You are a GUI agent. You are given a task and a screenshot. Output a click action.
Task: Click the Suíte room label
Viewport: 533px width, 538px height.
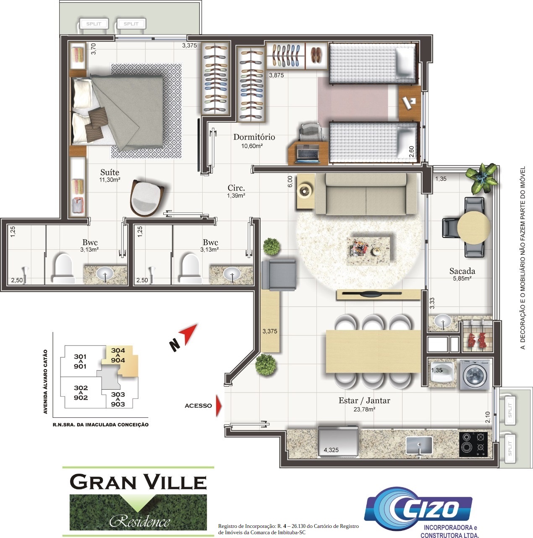(x=110, y=172)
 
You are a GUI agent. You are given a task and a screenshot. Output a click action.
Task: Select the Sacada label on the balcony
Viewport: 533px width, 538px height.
(x=462, y=271)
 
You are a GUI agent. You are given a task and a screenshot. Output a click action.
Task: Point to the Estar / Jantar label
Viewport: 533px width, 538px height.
(x=364, y=401)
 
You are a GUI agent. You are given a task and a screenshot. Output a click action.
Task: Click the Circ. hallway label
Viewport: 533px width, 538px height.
(x=236, y=188)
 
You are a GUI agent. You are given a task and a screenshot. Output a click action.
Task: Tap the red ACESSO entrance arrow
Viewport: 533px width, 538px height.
(x=219, y=406)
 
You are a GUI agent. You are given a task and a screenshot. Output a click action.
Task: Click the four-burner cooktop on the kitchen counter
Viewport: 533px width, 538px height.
(x=473, y=444)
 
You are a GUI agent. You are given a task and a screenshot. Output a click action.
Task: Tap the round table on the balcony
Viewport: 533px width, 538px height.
(x=473, y=227)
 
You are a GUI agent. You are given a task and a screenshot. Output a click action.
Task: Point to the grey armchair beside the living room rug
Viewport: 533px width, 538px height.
(x=279, y=274)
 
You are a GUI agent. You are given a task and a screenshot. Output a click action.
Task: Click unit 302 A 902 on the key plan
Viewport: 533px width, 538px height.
(x=81, y=393)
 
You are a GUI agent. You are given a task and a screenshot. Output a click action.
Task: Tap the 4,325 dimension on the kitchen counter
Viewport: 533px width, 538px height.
(x=331, y=450)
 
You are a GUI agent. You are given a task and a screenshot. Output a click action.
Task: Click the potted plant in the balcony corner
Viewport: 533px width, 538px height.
(x=482, y=178)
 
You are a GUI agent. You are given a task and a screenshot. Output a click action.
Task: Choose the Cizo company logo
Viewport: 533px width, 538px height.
(x=418, y=509)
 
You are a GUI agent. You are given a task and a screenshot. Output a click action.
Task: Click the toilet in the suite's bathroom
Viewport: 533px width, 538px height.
(x=63, y=269)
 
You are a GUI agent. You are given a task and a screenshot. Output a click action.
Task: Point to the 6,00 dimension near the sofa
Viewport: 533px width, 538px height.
(x=290, y=182)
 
